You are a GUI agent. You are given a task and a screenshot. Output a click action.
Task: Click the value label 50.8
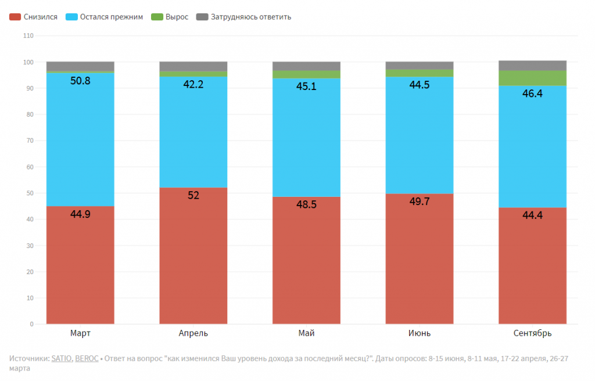[80, 81]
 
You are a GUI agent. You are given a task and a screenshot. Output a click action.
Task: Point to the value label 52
[193, 196]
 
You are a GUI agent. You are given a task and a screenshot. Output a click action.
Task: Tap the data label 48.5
[306, 204]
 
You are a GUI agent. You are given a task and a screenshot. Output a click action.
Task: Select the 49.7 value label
[419, 202]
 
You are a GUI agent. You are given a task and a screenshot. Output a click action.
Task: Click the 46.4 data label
[532, 94]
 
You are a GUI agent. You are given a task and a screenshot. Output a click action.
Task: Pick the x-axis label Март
[80, 333]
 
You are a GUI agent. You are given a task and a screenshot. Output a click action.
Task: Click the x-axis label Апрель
[193, 333]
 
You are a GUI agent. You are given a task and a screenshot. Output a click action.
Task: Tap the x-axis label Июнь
[419, 333]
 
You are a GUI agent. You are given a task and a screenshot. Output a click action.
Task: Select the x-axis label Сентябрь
[532, 333]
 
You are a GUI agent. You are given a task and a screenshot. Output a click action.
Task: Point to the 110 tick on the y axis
[28, 36]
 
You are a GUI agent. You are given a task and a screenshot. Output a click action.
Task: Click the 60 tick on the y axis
[30, 167]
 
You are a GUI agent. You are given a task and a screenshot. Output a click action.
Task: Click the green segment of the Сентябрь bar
[532, 78]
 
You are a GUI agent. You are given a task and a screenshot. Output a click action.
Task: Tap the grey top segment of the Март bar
[80, 66]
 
